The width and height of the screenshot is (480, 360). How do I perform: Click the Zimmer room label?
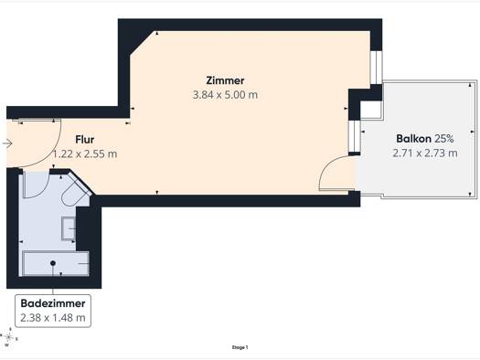tap(225, 80)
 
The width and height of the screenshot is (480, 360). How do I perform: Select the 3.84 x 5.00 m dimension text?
tap(225, 95)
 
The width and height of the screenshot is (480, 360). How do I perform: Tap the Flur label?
tap(85, 140)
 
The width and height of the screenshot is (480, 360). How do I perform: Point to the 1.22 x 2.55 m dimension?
tap(85, 154)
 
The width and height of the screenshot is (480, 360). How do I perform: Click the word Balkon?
tap(413, 139)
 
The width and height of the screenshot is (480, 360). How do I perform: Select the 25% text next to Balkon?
tap(443, 139)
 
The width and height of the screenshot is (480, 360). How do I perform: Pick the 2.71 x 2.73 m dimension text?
tap(425, 153)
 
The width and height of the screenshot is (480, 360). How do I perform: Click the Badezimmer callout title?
tap(53, 303)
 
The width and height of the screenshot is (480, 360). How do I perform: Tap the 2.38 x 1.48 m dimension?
tap(53, 318)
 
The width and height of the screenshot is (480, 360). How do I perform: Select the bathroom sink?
tap(69, 228)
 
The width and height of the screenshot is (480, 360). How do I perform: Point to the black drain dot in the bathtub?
tap(53, 263)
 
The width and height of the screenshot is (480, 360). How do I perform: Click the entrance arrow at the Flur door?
tap(6, 143)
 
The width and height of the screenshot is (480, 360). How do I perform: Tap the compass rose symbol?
tap(8, 337)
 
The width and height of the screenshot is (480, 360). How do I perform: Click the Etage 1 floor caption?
tap(240, 347)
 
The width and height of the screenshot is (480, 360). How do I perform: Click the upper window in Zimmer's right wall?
tap(376, 68)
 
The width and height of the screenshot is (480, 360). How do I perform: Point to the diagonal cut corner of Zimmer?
tap(144, 43)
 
